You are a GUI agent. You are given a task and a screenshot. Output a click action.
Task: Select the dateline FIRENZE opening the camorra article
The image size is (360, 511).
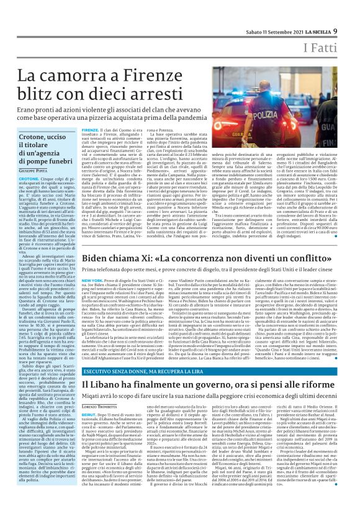(91, 130)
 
